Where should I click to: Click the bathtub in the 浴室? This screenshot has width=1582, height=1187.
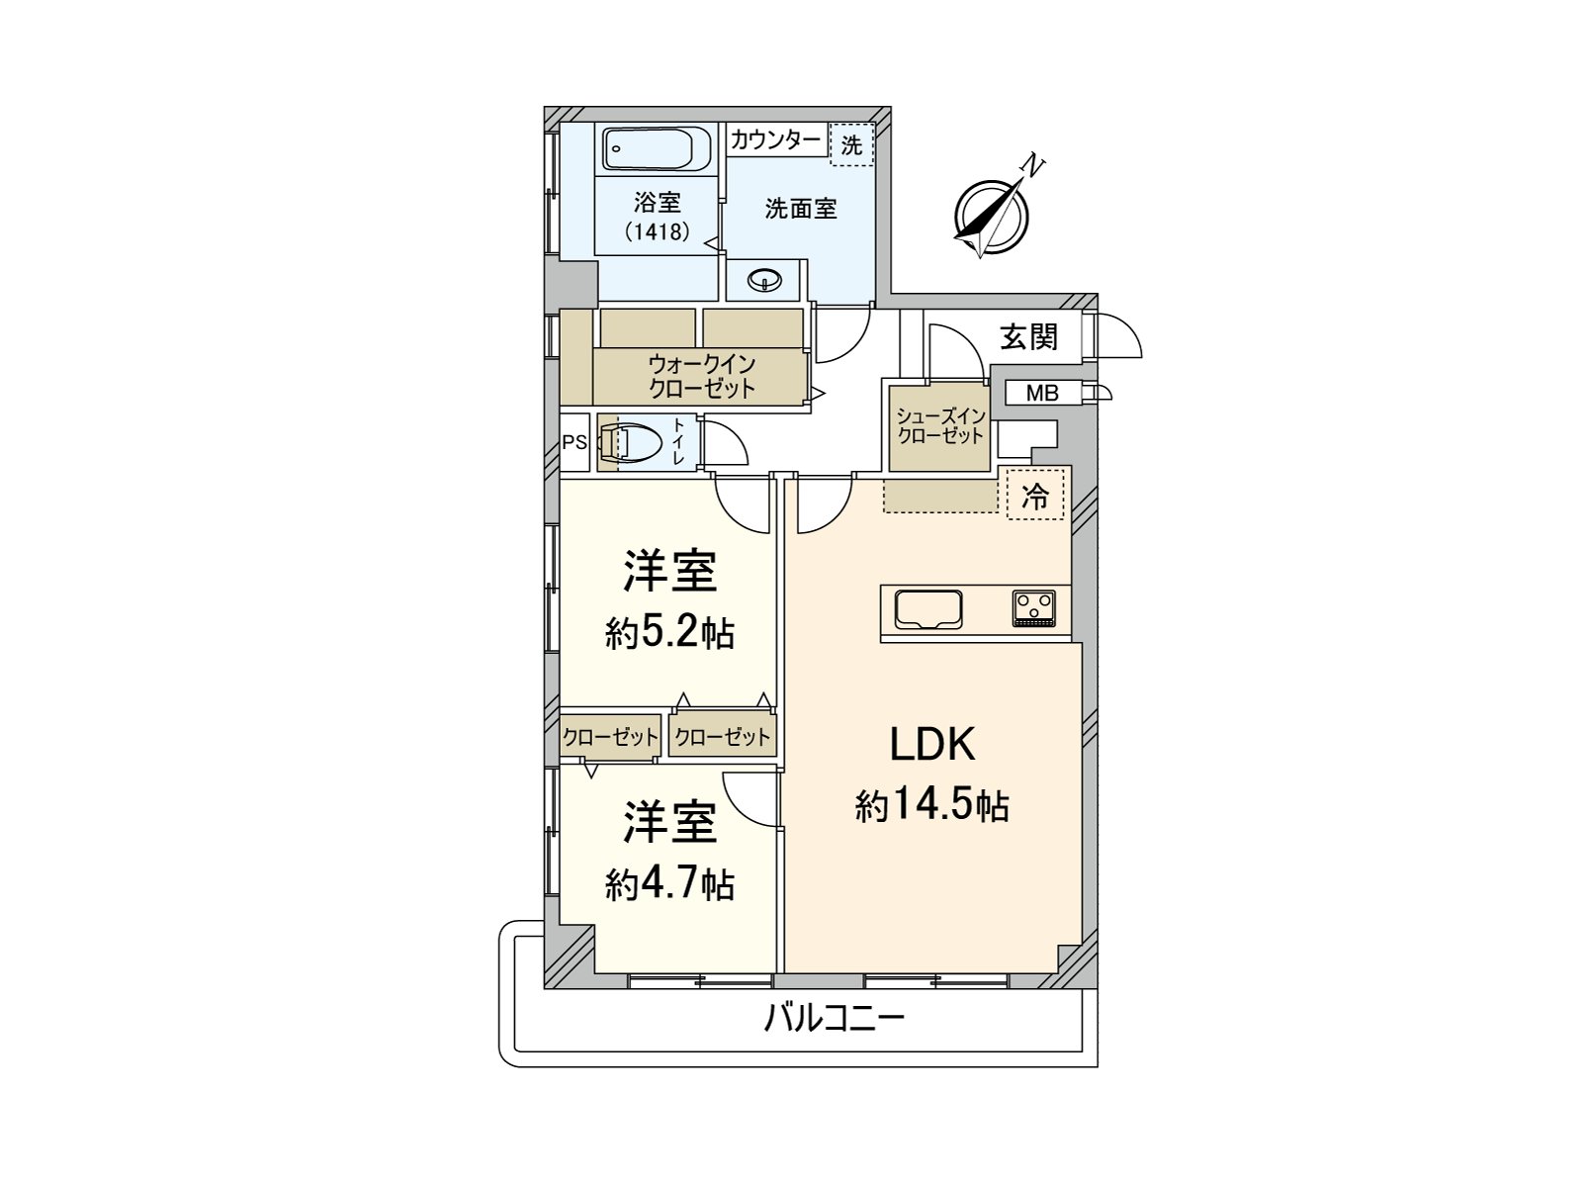point(657,150)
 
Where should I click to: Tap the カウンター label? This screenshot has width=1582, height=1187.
point(775,139)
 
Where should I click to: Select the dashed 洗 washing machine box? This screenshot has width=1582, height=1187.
point(851,144)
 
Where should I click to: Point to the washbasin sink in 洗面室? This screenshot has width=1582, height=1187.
point(764,280)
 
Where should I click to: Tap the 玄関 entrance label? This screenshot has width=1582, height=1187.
point(1027,336)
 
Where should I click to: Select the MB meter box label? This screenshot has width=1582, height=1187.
point(1041,394)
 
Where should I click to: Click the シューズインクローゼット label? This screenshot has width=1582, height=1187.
point(940,426)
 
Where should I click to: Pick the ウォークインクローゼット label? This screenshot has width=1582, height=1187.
point(701,376)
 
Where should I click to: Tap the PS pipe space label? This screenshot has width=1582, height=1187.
point(574,442)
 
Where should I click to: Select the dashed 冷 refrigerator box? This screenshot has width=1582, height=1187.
point(1034,495)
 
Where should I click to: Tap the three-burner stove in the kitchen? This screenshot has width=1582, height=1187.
point(1033,608)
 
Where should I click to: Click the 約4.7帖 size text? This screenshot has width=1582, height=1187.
point(669,885)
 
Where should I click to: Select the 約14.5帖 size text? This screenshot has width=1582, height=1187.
point(932,806)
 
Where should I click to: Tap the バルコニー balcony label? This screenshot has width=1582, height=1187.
point(834,1020)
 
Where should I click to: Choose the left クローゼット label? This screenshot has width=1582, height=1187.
point(610,737)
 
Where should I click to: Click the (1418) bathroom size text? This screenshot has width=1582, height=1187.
point(658,231)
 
